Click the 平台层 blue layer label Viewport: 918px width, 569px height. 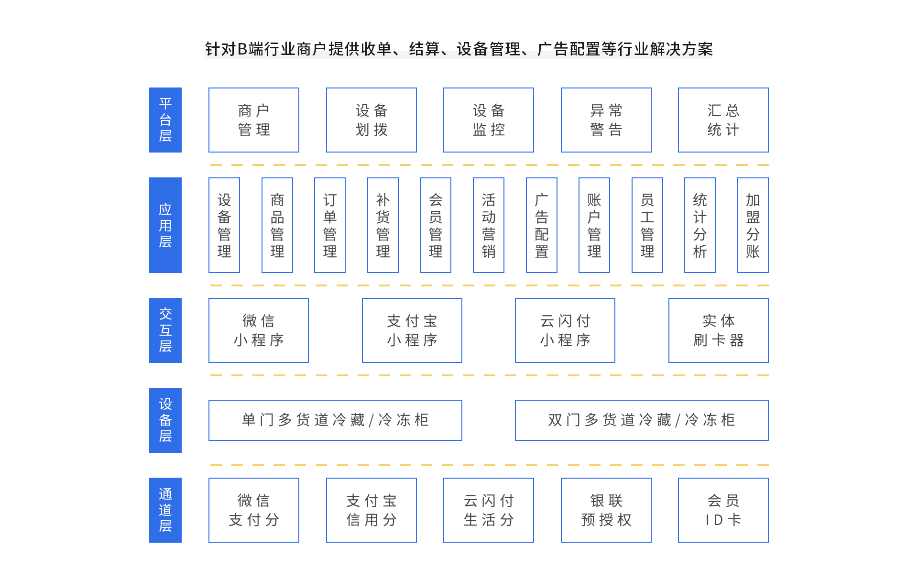(165, 120)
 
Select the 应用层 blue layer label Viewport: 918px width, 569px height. (165, 225)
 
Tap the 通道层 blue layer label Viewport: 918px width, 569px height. (165, 510)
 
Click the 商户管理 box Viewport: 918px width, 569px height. (254, 120)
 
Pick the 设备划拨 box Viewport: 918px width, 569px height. (372, 120)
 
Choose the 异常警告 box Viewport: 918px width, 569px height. (606, 120)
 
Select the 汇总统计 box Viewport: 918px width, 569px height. (723, 120)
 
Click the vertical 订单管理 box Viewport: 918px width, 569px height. (330, 225)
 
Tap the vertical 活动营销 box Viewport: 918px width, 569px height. (489, 225)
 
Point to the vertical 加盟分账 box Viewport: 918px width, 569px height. (753, 225)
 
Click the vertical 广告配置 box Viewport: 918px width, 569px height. (542, 225)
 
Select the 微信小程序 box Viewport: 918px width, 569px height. (259, 330)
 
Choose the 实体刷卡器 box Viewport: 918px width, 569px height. (719, 330)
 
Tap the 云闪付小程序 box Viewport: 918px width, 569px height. (565, 330)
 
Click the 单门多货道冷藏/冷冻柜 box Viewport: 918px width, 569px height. (335, 420)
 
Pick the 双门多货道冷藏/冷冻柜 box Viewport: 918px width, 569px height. (642, 420)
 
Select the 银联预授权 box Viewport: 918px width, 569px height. (606, 510)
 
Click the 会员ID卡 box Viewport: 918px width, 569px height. (723, 510)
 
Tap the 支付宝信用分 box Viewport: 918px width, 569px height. (372, 510)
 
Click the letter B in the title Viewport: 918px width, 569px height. (242, 49)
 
